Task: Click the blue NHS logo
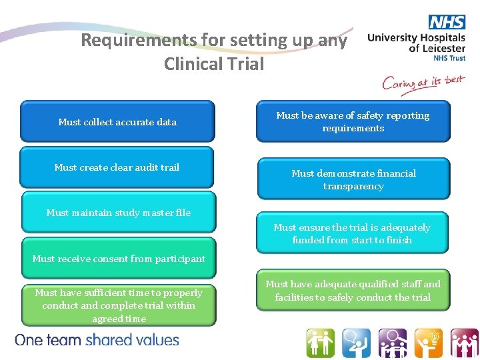tap(447, 22)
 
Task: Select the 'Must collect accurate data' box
tap(117, 121)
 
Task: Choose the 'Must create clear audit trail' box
tap(117, 167)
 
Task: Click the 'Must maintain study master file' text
tap(119, 213)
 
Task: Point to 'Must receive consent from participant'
tap(119, 258)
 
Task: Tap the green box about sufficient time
tap(119, 305)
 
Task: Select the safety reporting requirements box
tap(353, 121)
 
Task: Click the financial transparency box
tap(353, 179)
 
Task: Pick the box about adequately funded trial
tap(352, 233)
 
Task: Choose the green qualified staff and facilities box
tap(353, 291)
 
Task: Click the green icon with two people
tap(320, 343)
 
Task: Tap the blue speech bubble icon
tap(356, 343)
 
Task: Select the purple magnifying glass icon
tap(392, 343)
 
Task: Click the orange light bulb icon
tap(428, 343)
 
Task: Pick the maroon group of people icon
tap(463, 343)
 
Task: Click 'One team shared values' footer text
tap(97, 340)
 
